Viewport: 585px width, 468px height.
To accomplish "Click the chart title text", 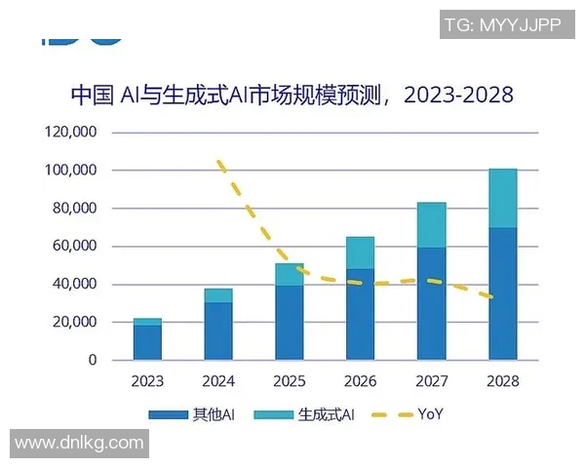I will click(x=292, y=96).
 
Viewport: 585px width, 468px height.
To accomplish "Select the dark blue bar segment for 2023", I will click(x=147, y=342).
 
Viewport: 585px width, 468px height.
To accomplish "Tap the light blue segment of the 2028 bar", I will click(x=502, y=198).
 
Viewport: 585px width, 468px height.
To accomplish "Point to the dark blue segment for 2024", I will click(x=218, y=331).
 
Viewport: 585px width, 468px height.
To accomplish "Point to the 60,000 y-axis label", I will click(x=73, y=247).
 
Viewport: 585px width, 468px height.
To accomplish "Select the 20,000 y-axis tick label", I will click(x=73, y=323).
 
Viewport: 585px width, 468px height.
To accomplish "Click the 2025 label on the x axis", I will click(x=290, y=381).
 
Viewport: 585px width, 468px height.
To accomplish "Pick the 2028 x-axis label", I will click(x=502, y=381).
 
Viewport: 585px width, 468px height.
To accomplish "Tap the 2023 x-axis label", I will click(x=147, y=381).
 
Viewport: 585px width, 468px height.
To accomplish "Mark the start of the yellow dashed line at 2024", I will click(x=219, y=162).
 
